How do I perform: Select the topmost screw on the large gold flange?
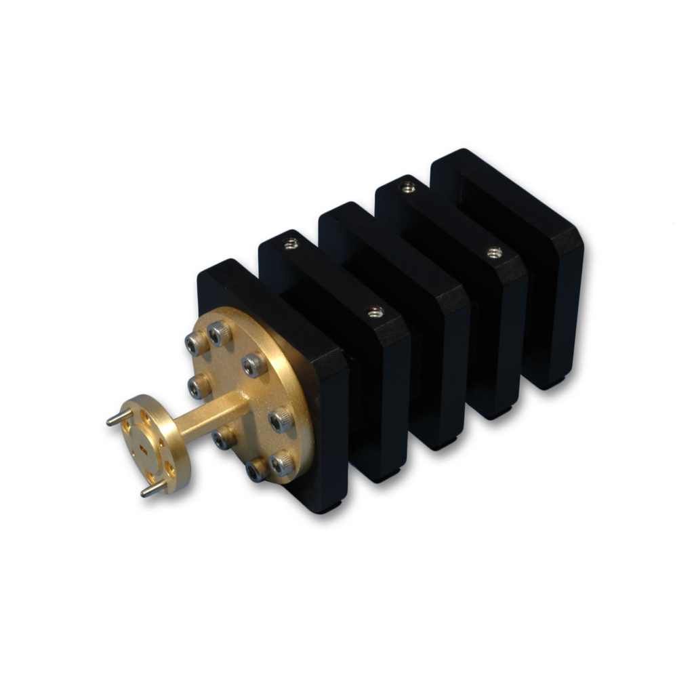219,333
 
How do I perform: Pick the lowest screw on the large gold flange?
256,469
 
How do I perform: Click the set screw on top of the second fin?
291,243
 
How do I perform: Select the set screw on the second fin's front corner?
375,312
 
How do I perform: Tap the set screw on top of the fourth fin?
407,186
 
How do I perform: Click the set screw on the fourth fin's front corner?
495,253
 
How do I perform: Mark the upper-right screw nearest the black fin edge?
255,365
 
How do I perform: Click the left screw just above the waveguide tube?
198,387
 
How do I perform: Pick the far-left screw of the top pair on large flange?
195,344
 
